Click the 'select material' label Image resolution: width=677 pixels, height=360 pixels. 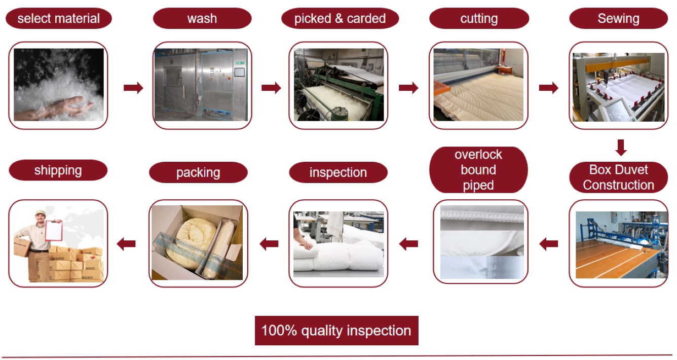coord(58,19)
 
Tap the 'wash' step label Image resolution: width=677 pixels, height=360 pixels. coord(202,19)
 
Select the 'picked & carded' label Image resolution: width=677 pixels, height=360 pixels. coord(340,19)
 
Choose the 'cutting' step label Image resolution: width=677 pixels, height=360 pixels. coord(479,19)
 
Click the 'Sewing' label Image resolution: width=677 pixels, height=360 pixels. coord(618,19)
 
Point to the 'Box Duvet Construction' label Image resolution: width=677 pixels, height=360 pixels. coord(618,177)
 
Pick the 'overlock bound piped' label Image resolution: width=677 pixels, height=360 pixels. coord(478,170)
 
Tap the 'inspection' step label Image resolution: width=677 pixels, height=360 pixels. coord(338,172)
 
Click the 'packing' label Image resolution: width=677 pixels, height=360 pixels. coord(198,172)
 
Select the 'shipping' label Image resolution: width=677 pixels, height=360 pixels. coord(58,170)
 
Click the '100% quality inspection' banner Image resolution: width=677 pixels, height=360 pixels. coord(336,331)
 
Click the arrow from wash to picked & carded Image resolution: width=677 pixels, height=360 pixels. coord(271,88)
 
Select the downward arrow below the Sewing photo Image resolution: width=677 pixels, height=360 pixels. coord(621,147)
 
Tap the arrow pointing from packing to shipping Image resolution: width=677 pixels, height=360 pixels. coord(126,244)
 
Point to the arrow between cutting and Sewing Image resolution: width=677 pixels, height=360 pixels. coord(548,88)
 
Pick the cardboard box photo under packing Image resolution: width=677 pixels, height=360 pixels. coord(197,243)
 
